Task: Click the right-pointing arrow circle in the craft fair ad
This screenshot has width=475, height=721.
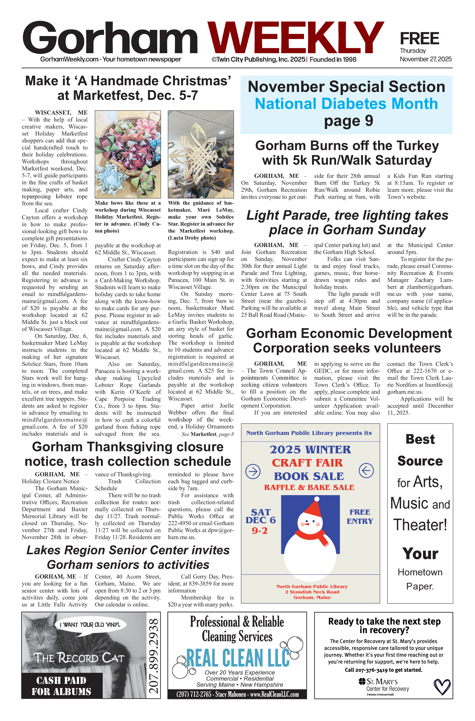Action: pyautogui.click(x=253, y=472)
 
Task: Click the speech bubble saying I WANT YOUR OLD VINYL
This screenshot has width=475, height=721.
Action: pyautogui.click(x=90, y=625)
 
